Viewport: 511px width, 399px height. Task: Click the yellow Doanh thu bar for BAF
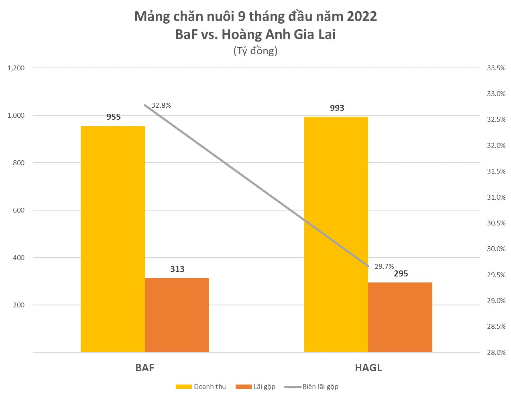tap(112, 239)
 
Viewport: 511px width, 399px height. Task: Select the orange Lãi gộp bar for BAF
tap(177, 315)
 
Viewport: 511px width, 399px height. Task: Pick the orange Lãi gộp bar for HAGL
tap(400, 317)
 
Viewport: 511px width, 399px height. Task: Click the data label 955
tap(113, 117)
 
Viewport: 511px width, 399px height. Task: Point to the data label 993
tap(337, 108)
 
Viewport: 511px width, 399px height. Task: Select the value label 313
tap(177, 269)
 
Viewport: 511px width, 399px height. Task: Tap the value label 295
tap(401, 274)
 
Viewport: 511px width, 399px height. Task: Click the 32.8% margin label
tap(161, 106)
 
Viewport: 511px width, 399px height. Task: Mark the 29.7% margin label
tap(384, 266)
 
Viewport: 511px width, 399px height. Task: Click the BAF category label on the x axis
tap(145, 368)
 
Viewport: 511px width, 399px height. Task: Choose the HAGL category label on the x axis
tap(368, 368)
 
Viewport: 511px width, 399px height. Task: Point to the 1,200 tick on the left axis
tap(16, 68)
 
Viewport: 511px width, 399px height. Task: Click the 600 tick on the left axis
tap(18, 210)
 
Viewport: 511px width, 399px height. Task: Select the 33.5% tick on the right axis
tap(496, 68)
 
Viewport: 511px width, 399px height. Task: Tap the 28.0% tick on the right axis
tap(496, 352)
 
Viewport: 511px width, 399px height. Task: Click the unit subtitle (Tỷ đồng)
tap(255, 51)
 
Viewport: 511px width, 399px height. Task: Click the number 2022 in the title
tap(362, 16)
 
